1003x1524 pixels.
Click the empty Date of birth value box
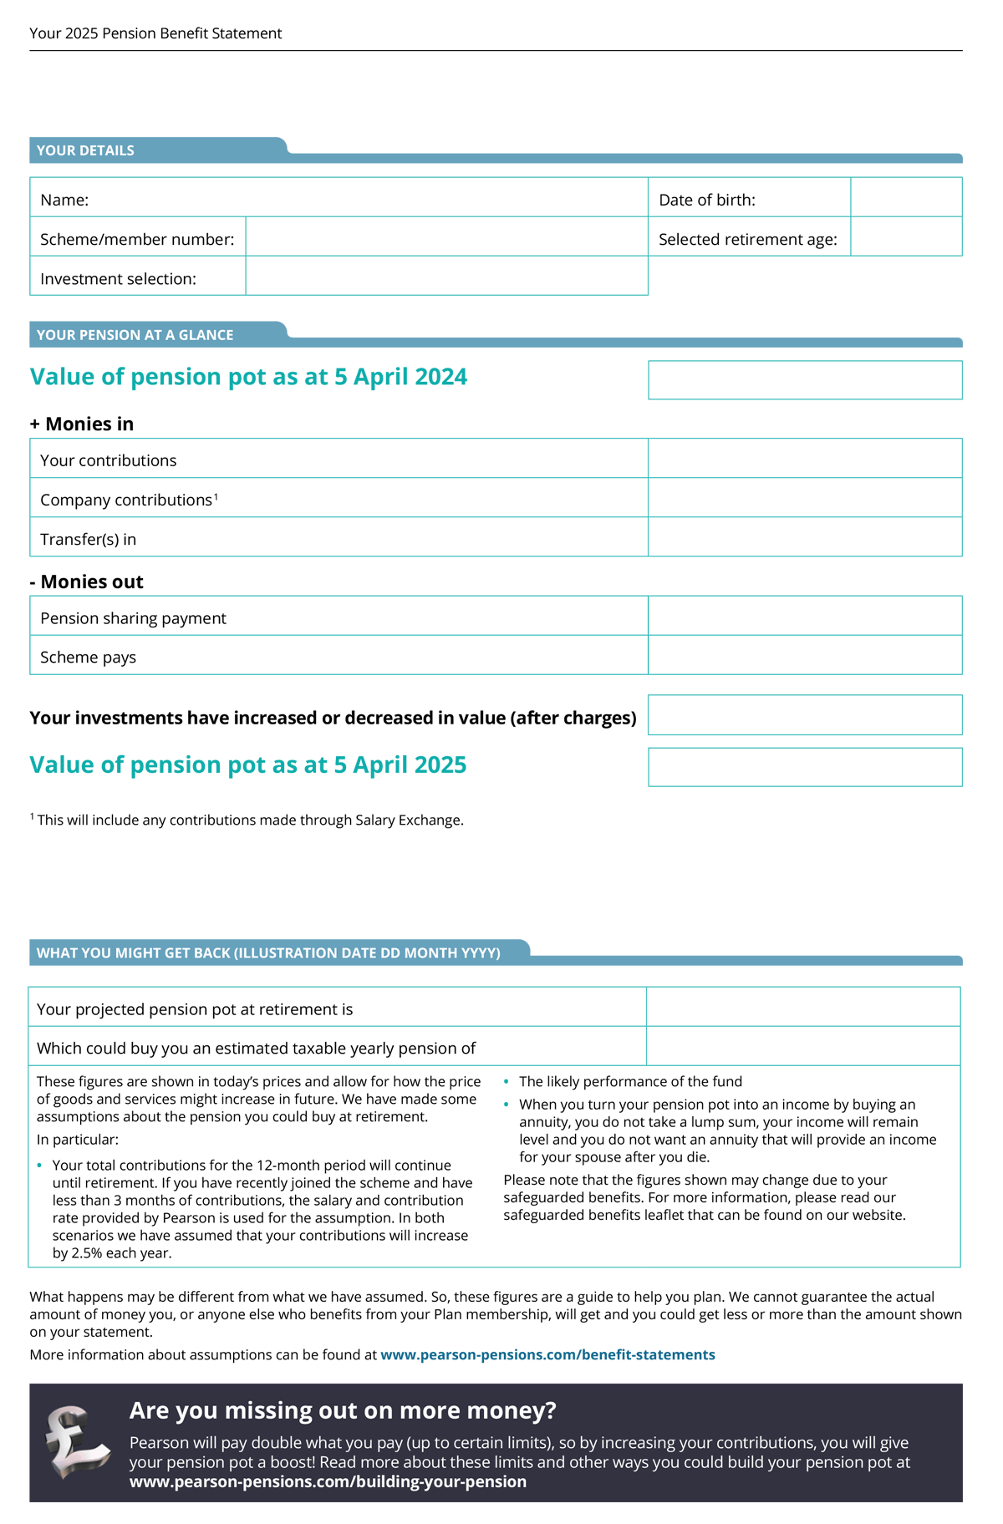pos(906,198)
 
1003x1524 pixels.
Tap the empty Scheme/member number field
pos(446,237)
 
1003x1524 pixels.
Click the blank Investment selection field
pos(446,277)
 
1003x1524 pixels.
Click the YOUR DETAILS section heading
pos(85,150)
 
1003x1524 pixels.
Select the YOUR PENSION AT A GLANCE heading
pos(135,335)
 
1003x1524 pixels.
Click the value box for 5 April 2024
pos(805,380)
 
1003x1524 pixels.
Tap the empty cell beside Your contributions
pos(805,459)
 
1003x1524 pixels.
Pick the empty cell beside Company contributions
pos(805,498)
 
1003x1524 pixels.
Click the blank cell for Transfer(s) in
pos(805,537)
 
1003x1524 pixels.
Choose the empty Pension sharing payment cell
pos(805,616)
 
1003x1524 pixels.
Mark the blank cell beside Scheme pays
pos(805,655)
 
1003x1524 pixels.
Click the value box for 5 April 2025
pos(805,767)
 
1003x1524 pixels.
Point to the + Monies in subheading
pos(82,424)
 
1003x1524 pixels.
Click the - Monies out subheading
pos(86,582)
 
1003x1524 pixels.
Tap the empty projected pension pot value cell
pos(803,1008)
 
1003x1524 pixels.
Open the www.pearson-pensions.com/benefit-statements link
pos(547,1354)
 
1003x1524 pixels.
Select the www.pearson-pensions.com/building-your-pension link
pos(328,1481)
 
